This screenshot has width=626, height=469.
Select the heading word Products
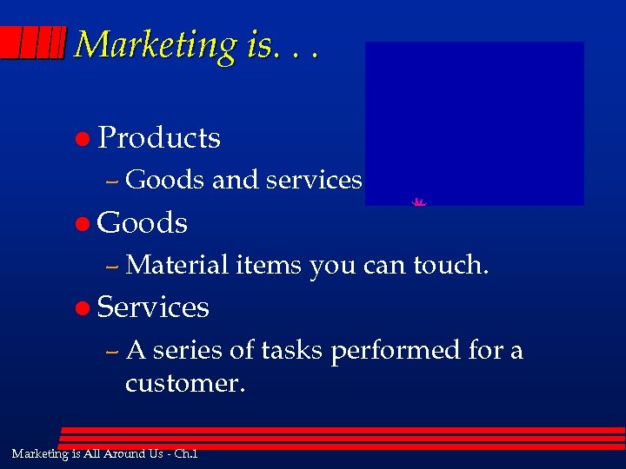point(159,137)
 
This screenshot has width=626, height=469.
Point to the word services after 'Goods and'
point(314,179)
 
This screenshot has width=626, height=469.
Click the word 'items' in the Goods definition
point(269,264)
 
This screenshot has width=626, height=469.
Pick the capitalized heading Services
point(153,307)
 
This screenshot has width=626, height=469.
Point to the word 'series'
point(188,350)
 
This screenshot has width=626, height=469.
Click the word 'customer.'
point(185,383)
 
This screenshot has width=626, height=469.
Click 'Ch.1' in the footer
point(185,453)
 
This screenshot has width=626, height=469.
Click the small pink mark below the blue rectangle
point(419,202)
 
